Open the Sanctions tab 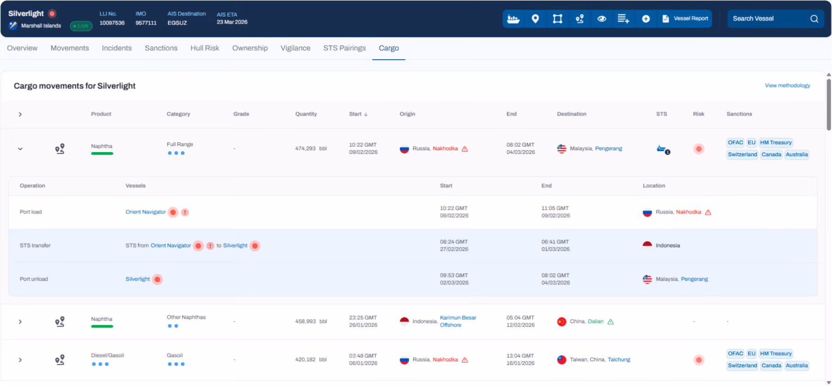click(x=161, y=48)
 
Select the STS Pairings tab click(x=345, y=48)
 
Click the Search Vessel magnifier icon click(x=814, y=19)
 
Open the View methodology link click(x=787, y=86)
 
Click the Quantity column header click(x=306, y=114)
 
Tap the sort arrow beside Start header click(x=366, y=114)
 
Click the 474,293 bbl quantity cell click(x=311, y=148)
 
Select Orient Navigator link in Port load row click(x=146, y=212)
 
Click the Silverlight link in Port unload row click(x=137, y=279)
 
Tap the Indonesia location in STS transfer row click(x=668, y=245)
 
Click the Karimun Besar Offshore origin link click(x=458, y=321)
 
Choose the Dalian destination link click(x=596, y=321)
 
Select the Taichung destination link click(x=619, y=359)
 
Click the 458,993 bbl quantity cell click(x=311, y=321)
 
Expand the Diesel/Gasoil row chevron click(x=20, y=360)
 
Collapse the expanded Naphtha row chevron click(x=20, y=149)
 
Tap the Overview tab click(x=22, y=48)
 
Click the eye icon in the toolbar click(x=602, y=19)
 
